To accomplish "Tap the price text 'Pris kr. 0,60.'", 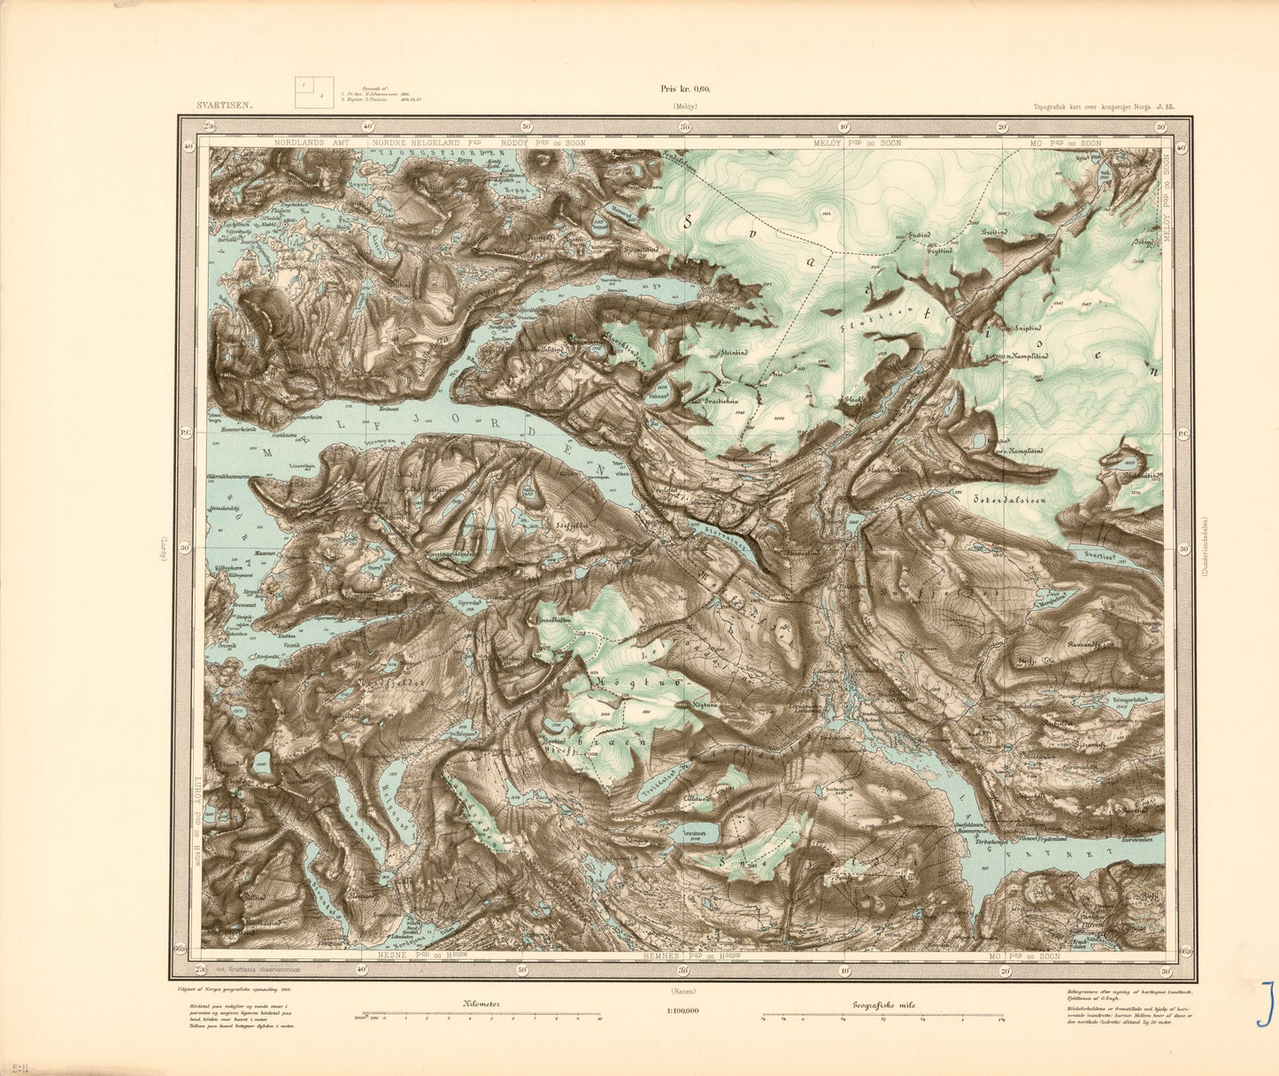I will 685,88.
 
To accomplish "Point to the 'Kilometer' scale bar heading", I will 482,1004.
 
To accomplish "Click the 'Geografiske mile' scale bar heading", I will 883,1004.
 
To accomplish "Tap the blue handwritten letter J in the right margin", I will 1266,1003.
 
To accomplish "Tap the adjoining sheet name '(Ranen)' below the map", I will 682,991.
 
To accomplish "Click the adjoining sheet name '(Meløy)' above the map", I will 685,106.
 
